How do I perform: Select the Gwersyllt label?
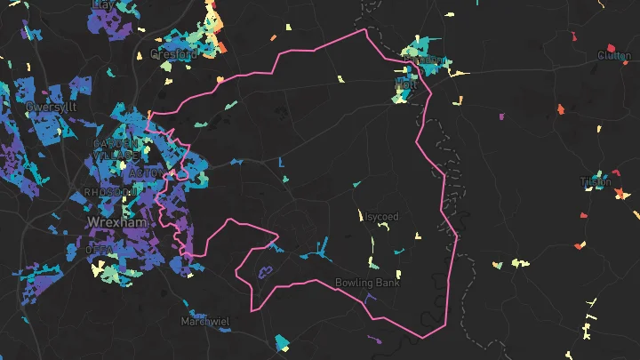point(52,107)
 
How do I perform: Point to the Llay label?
point(103,4)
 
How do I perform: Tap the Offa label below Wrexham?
point(99,251)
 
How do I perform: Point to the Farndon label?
point(425,60)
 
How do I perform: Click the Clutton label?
point(614,56)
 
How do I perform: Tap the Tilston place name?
point(596,182)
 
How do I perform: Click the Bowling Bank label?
point(367,284)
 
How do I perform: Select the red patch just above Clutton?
point(612,47)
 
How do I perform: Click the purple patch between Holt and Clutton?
point(500,116)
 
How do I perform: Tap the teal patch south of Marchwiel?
point(283,342)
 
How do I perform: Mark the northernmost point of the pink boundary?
point(364,29)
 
